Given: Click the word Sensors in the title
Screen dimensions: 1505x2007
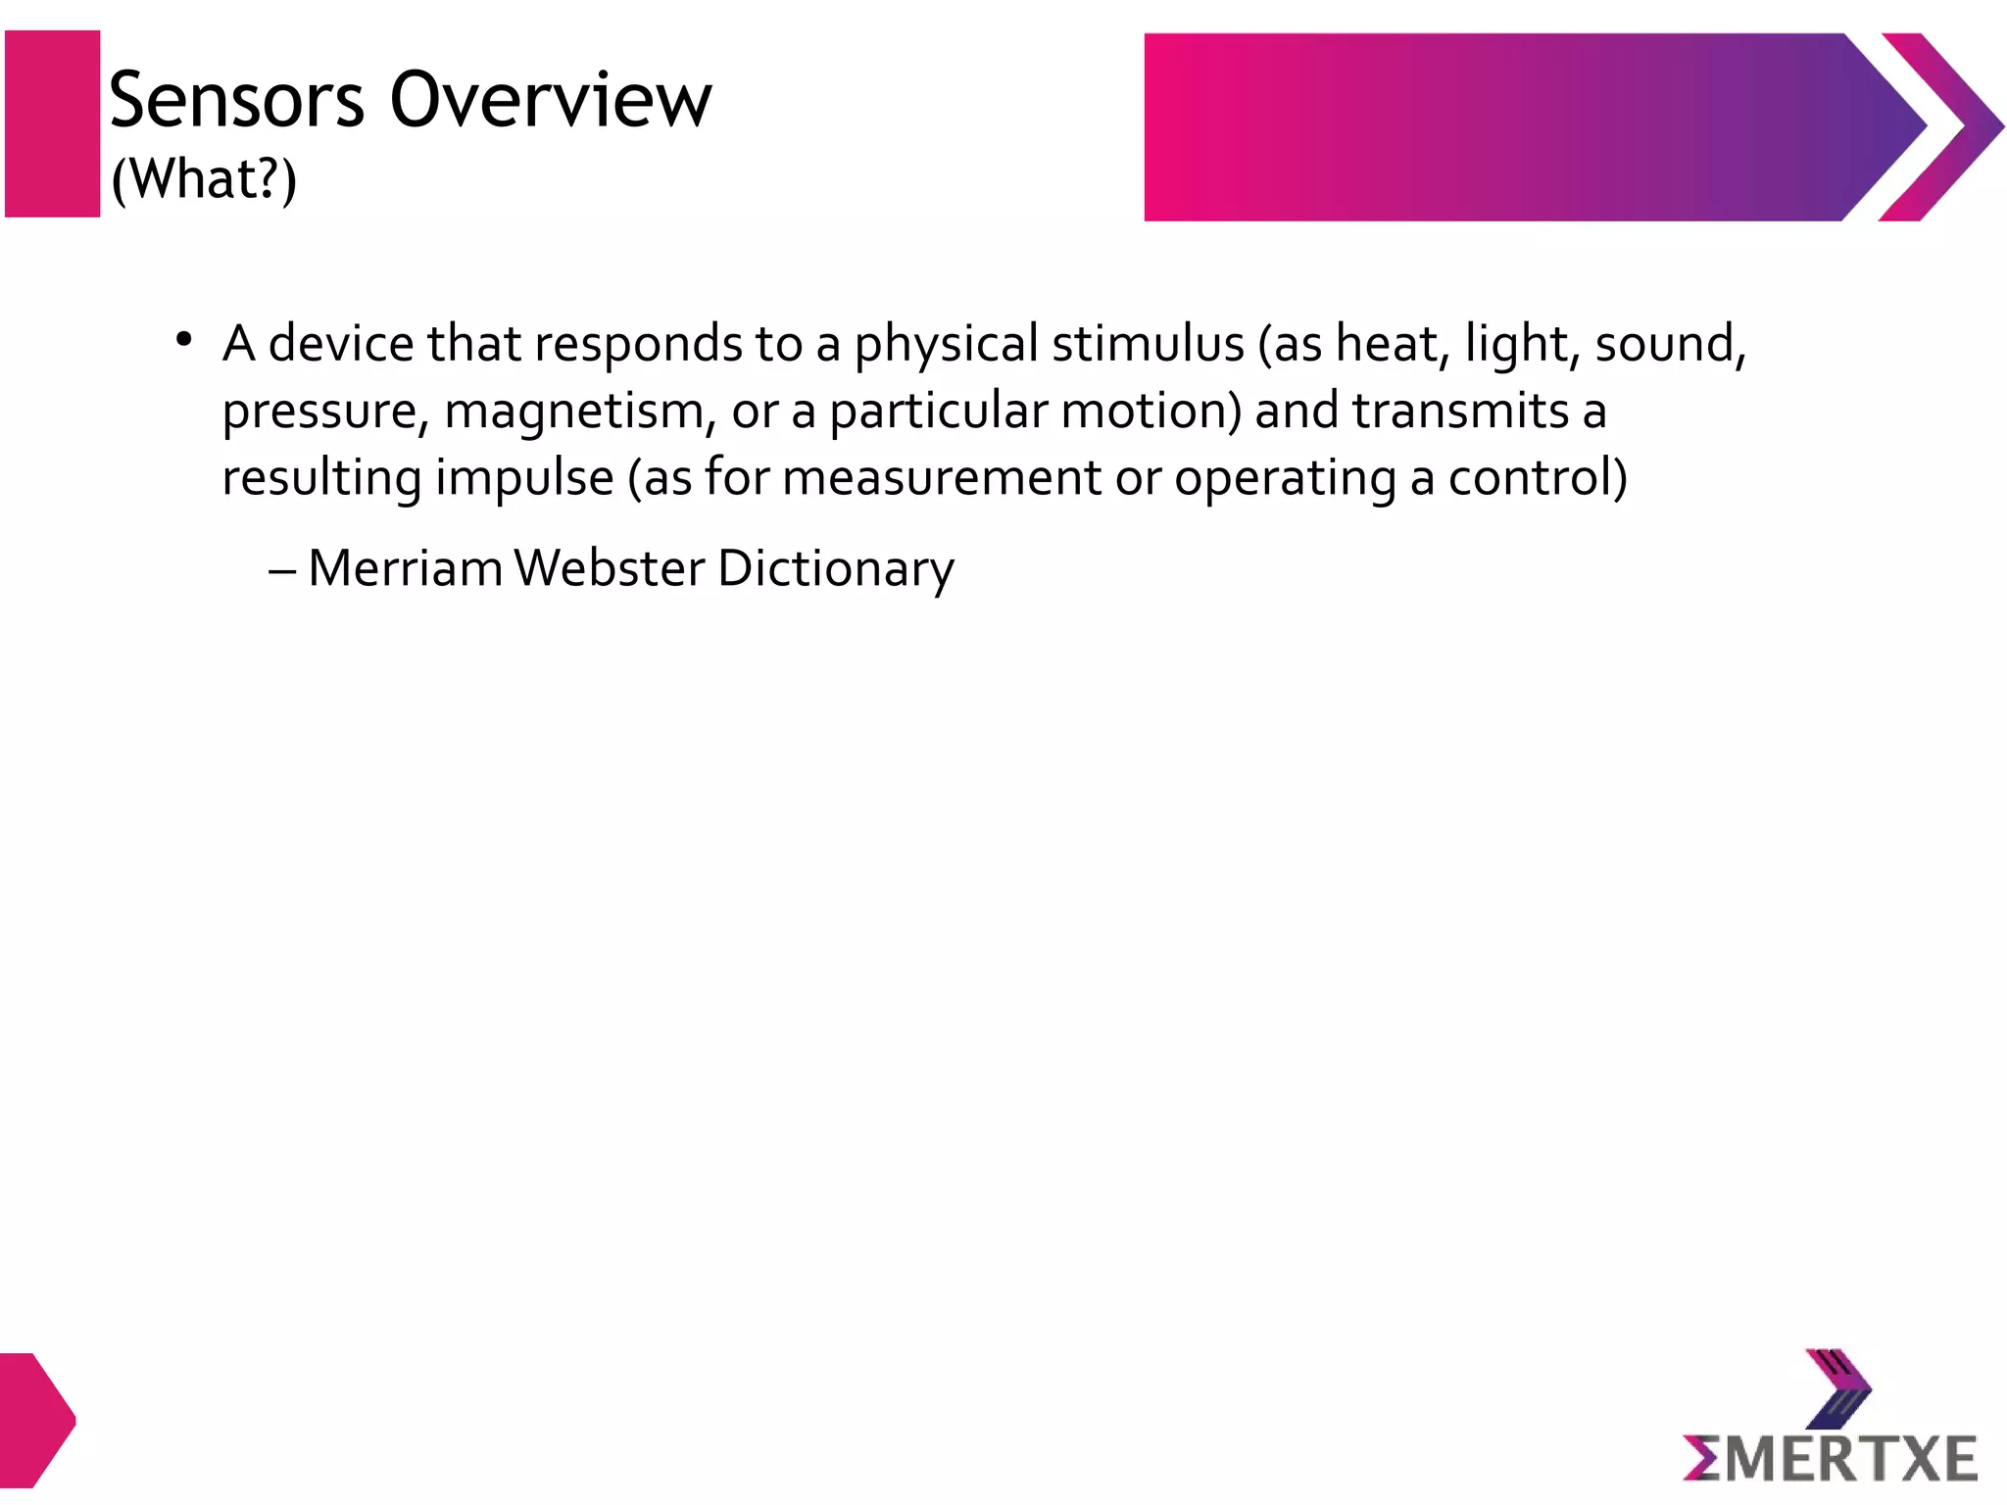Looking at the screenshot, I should pos(236,101).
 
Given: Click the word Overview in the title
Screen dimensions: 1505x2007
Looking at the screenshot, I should pos(551,101).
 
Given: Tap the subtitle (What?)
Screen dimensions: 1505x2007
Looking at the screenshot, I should pos(204,179).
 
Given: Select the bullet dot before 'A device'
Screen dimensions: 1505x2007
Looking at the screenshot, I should pos(183,340).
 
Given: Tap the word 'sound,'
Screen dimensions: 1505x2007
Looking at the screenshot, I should pos(1671,344).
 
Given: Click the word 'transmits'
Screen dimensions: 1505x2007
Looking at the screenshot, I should pos(1460,412).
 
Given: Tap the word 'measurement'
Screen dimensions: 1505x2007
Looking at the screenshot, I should pos(942,479).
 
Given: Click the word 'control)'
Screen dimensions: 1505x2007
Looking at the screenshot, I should pos(1538,479).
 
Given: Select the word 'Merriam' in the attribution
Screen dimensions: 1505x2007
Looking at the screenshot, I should pos(405,568).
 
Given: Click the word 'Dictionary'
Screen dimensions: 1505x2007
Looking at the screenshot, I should pos(836,569).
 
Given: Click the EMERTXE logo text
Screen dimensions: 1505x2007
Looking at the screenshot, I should pos(1830,1458).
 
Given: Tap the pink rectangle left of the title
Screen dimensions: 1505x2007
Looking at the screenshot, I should pos(53,123).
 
